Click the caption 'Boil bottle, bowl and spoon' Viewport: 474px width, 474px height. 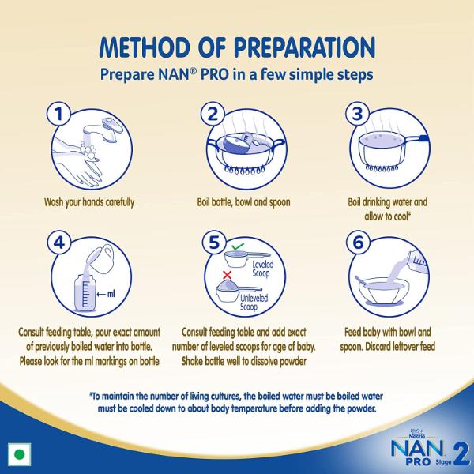tap(243, 202)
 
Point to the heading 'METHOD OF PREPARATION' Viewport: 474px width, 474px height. tap(238, 47)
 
